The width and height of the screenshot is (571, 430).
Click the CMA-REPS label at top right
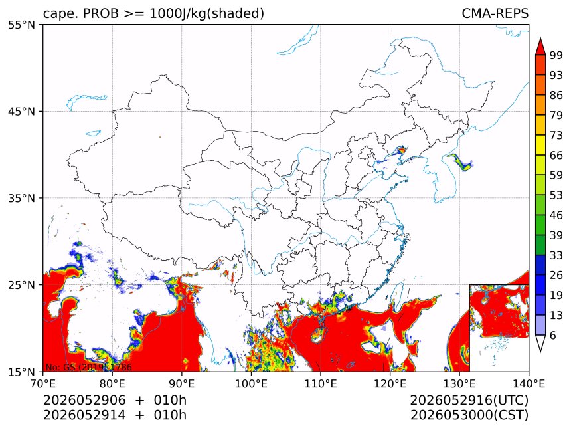495,13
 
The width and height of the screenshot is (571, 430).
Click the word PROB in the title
101,13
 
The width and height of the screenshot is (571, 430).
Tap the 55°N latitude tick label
21,25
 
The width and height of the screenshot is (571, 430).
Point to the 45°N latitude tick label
21,112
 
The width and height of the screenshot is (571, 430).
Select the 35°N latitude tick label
21,198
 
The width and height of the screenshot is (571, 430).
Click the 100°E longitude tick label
251,383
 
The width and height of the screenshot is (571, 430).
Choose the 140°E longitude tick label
529,383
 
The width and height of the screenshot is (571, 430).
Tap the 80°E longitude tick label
112,383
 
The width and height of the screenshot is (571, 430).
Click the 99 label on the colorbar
556,55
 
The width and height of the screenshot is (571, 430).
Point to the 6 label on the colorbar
553,335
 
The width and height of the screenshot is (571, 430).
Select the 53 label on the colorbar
556,195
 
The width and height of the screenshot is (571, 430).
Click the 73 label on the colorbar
556,135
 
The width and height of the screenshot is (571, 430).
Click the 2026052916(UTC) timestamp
469,400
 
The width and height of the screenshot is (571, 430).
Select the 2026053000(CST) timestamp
469,415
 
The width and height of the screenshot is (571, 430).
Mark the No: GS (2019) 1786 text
88,367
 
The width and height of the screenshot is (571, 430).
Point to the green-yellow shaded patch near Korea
460,162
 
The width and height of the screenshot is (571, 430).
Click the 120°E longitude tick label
390,383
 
